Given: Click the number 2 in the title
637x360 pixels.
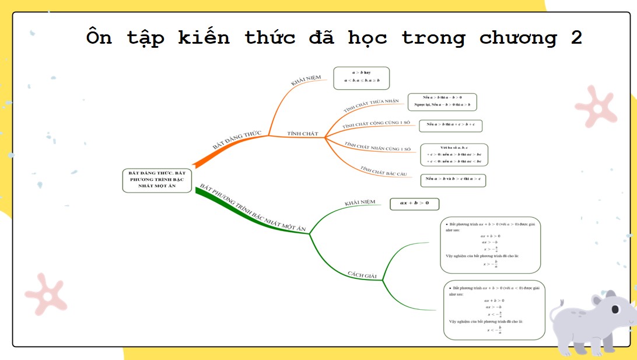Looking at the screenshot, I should point(576,39).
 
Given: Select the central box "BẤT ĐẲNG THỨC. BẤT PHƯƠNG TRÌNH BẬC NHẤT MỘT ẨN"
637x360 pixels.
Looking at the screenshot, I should point(157,180).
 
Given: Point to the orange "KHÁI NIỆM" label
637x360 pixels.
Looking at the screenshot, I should point(306,80).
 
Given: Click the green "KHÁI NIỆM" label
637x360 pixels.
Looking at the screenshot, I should point(359,203).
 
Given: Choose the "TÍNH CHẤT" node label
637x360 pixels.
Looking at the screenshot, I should point(303,134).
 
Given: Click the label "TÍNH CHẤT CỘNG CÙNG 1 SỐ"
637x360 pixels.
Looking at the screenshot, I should point(376,124).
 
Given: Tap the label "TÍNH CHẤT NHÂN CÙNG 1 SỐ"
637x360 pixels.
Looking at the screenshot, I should point(378,146).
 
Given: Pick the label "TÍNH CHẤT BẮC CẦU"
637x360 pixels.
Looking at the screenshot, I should point(383,172).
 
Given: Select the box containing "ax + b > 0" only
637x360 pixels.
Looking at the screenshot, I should point(414,204).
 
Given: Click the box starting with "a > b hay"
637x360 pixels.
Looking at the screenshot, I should point(361,78).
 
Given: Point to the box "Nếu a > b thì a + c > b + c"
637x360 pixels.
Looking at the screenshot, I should point(450,125).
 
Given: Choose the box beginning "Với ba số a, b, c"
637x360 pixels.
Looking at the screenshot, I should point(454,155).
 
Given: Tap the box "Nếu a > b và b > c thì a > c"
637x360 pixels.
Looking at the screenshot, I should point(453,179).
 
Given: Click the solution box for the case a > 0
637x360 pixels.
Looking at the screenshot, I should point(491,245).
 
